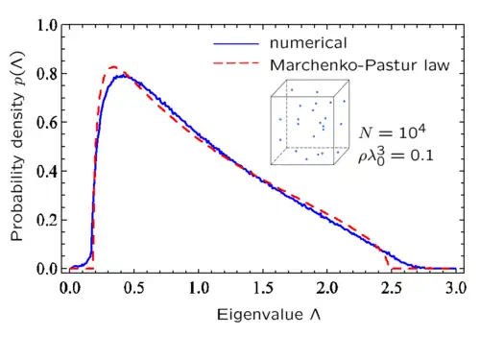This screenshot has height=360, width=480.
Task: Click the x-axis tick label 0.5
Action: (134, 288)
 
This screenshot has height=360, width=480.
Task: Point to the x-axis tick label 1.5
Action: (263, 288)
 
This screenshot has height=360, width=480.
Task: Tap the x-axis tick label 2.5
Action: (392, 288)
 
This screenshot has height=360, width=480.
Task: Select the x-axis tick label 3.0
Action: (456, 288)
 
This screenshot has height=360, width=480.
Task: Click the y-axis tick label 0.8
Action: (47, 74)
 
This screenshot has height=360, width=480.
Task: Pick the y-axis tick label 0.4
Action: (47, 172)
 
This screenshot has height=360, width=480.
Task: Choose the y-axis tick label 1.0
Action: (47, 25)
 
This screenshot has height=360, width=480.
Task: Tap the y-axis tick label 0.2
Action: (47, 220)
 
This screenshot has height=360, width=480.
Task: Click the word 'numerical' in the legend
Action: (308, 43)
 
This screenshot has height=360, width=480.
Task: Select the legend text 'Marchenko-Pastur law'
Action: (360, 65)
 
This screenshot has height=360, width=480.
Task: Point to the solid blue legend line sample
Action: (236, 44)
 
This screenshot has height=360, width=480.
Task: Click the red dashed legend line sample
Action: (236, 63)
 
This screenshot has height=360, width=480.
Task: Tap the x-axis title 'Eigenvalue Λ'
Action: (269, 315)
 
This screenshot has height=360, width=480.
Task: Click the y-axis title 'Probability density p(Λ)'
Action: (17, 146)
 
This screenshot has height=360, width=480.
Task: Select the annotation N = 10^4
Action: (393, 132)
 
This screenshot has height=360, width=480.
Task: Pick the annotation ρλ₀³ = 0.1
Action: (396, 156)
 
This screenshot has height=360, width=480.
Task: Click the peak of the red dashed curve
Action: (113, 67)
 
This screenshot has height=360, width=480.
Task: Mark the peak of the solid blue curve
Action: (123, 76)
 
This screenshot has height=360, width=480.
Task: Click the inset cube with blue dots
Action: (310, 122)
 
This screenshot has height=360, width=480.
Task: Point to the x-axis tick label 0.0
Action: (70, 288)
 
